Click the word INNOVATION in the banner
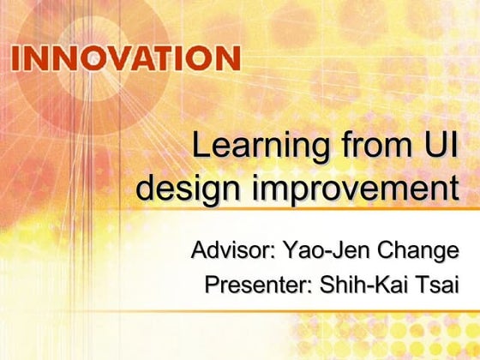pyautogui.click(x=126, y=59)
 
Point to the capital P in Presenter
pyautogui.click(x=213, y=285)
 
